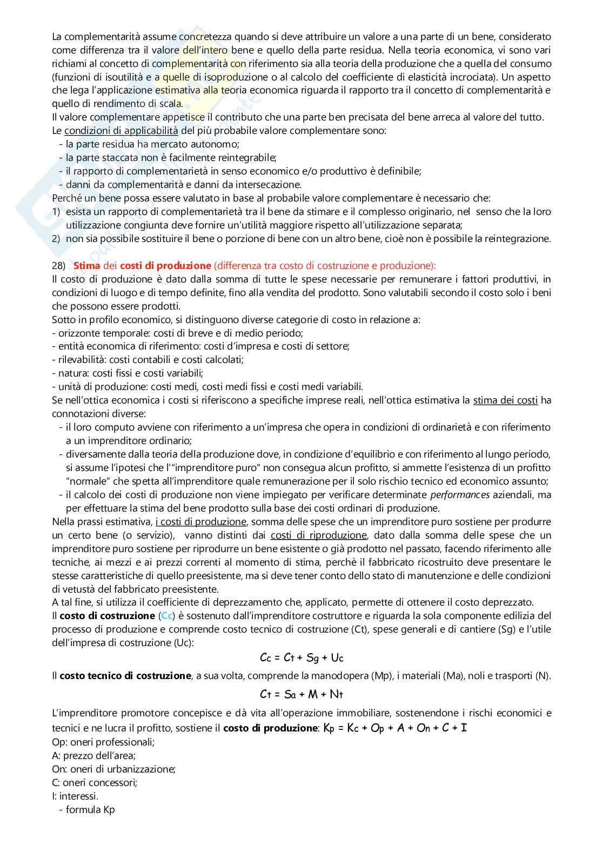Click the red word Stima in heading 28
pyautogui.click(x=86, y=265)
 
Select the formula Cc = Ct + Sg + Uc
pyautogui.click(x=301, y=657)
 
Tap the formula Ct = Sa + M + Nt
pyautogui.click(x=301, y=694)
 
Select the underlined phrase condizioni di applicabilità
pyautogui.click(x=121, y=131)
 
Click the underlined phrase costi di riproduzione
pyautogui.click(x=318, y=535)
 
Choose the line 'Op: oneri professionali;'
pyautogui.click(x=103, y=742)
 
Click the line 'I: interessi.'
pyautogui.click(x=75, y=796)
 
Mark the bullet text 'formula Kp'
pyautogui.click(x=90, y=809)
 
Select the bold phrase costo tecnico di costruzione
pyautogui.click(x=125, y=675)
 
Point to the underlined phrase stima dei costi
pyautogui.click(x=505, y=400)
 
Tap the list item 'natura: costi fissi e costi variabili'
pyautogui.click(x=128, y=373)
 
